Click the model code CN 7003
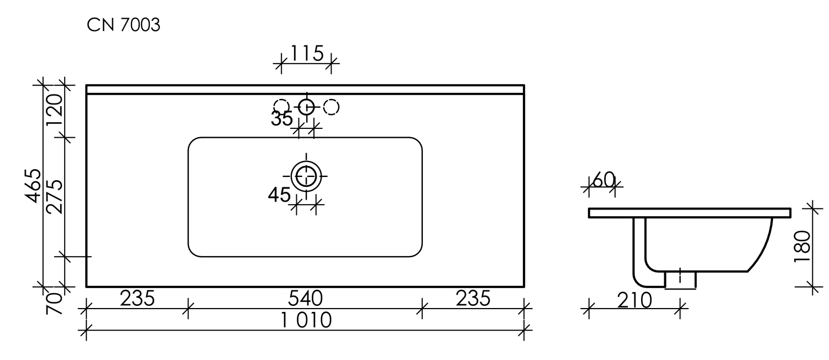coord(123,26)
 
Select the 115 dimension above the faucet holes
coord(307,54)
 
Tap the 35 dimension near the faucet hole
coord(282,118)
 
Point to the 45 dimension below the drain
coord(279,195)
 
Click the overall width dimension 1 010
coord(306,321)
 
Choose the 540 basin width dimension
coord(305,299)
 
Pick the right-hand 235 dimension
coord(473,299)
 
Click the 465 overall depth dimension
coord(34,186)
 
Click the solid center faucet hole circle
coord(306,107)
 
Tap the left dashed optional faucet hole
coord(281,107)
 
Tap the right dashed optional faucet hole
coord(331,107)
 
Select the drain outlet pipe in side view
coord(680,279)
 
